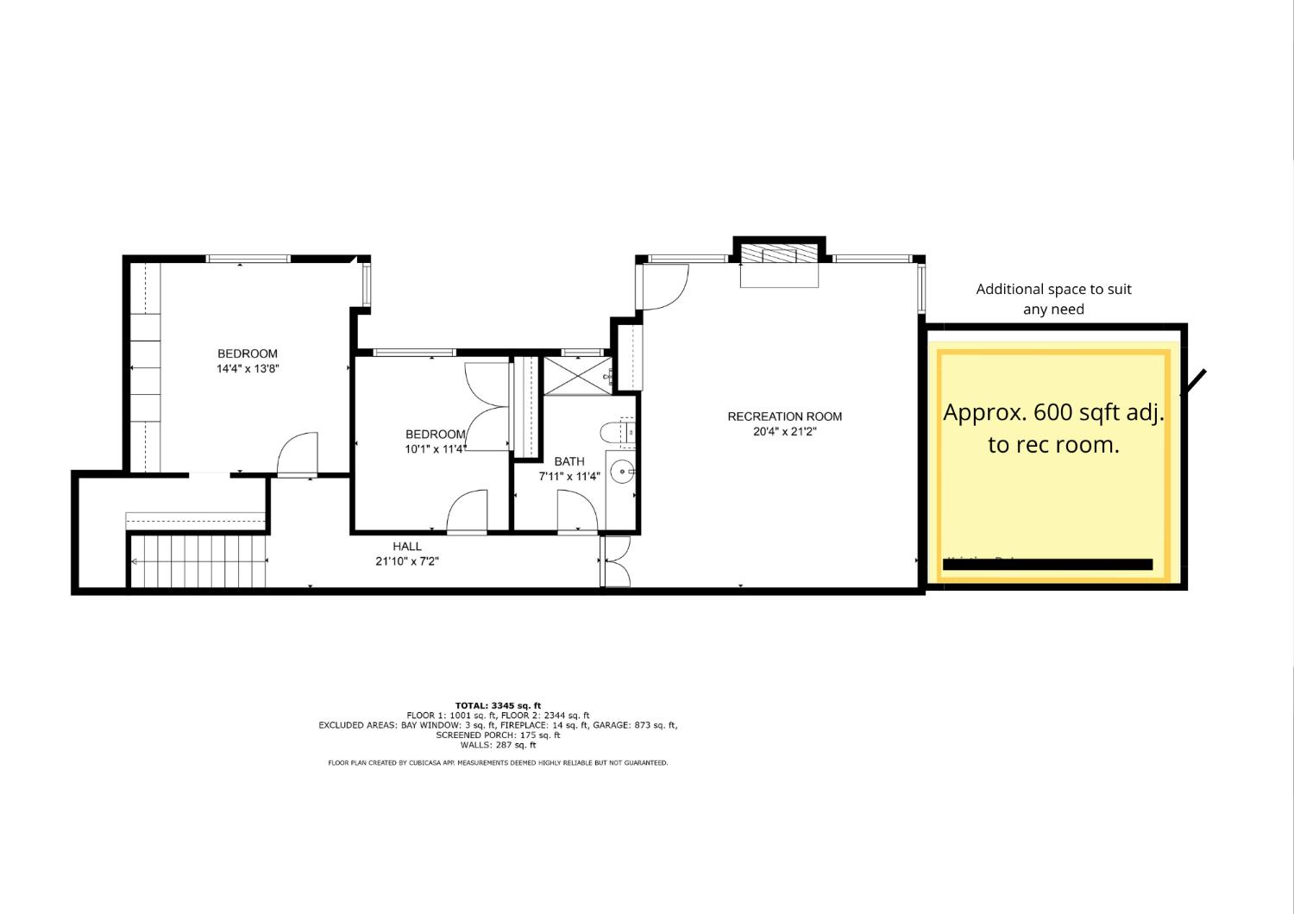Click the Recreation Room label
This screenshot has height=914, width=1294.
tap(784, 416)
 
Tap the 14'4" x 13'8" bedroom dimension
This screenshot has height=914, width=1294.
tap(248, 369)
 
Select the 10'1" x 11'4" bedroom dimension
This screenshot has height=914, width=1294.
tap(436, 449)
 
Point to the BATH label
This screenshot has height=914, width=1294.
tap(569, 461)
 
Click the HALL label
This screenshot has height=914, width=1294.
tap(407, 546)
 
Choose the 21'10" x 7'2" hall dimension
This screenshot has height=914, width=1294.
tap(407, 561)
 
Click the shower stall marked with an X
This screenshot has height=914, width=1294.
tap(576, 375)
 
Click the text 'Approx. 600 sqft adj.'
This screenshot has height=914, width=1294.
tap(1053, 412)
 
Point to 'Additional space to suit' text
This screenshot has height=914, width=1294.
tap(1053, 290)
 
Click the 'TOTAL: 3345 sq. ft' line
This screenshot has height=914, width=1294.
tap(498, 705)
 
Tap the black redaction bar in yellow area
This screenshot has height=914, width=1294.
tap(1048, 565)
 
